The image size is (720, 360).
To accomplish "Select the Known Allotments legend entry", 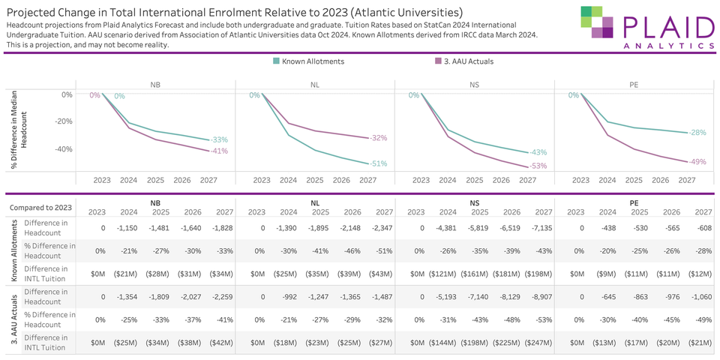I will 308,61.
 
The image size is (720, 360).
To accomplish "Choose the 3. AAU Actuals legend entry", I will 463,61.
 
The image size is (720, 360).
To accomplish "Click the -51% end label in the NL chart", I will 379,163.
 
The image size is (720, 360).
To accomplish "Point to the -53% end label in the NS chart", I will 538,166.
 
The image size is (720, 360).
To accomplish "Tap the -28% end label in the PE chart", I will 697,132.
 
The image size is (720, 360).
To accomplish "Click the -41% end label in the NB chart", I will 219,151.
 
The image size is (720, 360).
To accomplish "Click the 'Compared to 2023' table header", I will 41,208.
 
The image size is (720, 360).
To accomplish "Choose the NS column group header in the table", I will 474,202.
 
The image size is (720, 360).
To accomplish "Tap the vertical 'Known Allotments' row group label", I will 13,250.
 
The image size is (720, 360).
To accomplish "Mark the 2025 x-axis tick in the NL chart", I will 314,180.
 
